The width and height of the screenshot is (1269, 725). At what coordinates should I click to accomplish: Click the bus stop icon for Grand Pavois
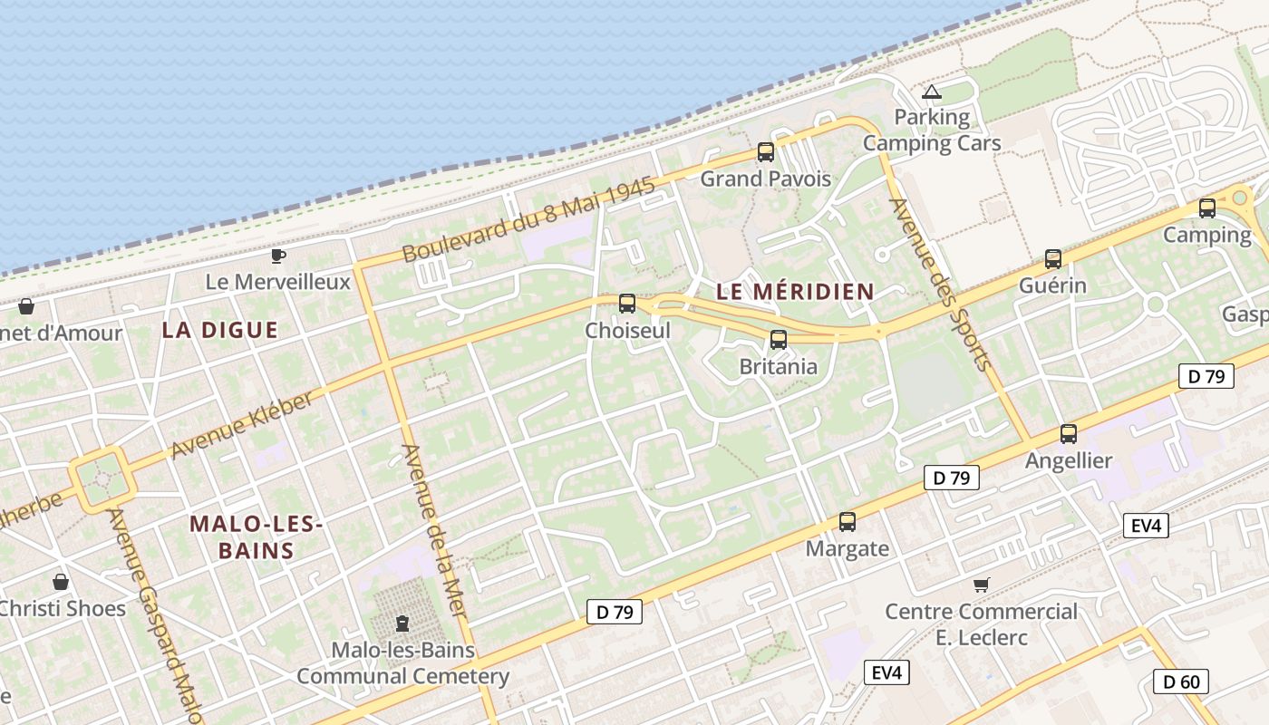[x=766, y=152]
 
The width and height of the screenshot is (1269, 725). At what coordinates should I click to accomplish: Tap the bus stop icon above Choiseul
[x=627, y=304]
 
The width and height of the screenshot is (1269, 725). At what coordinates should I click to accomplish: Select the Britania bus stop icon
[x=778, y=340]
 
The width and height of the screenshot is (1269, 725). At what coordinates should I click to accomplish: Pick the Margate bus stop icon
[x=848, y=522]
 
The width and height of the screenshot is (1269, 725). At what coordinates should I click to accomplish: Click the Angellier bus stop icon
[x=1069, y=434]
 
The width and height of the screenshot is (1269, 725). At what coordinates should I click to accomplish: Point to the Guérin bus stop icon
[x=1052, y=259]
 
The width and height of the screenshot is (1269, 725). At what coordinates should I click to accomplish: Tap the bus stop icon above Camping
[x=1207, y=208]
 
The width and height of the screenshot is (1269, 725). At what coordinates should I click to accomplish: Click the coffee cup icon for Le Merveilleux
[x=278, y=256]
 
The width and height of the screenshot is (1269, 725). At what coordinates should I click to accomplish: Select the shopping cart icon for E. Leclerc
[x=981, y=585]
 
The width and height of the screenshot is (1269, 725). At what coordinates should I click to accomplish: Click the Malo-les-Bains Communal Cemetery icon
[x=402, y=623]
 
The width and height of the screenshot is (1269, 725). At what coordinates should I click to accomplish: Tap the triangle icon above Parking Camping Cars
[x=932, y=92]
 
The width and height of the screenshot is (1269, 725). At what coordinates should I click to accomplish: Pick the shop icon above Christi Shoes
[x=61, y=582]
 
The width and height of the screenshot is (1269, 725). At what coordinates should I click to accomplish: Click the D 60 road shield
[x=1181, y=681]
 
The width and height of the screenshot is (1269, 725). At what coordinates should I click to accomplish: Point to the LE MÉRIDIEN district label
[x=795, y=292]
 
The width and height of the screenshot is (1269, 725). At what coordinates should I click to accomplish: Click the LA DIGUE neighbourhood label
[x=220, y=330]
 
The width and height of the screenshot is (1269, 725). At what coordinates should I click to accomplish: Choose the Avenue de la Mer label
[x=434, y=533]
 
